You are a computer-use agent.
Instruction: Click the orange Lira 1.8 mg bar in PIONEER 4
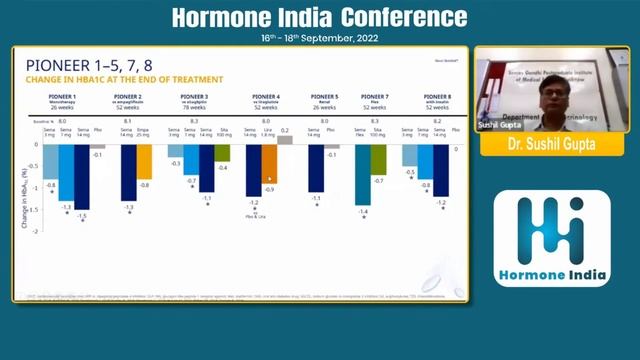(x=269, y=164)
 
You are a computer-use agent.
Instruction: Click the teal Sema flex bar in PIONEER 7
(x=362, y=175)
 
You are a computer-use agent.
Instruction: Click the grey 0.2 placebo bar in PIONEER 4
(x=285, y=140)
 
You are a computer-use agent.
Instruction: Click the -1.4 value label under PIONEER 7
(x=362, y=212)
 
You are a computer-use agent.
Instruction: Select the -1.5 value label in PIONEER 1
(x=82, y=216)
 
